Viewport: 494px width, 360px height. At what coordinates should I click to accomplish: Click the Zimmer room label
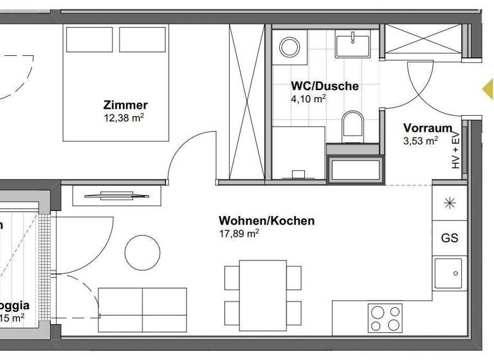(125, 105)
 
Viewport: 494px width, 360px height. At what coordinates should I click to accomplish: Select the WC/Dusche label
(325, 86)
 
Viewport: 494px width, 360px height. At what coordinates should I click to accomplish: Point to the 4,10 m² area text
(309, 99)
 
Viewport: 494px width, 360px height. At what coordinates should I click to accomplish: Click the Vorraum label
(427, 127)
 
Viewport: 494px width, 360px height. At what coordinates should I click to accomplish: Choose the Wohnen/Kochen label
(266, 221)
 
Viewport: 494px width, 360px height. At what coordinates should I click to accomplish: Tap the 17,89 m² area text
(239, 234)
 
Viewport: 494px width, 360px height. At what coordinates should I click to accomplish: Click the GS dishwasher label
(450, 238)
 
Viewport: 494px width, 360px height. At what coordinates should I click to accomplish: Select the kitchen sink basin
(450, 273)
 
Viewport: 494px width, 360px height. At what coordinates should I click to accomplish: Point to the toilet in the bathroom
(352, 125)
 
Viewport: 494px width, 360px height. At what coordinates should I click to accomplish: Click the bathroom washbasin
(352, 45)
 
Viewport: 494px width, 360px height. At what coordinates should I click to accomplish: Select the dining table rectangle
(263, 292)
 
